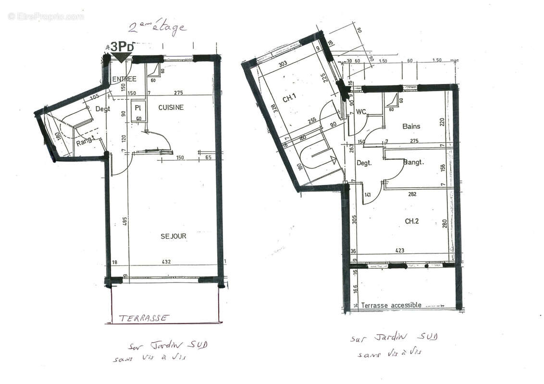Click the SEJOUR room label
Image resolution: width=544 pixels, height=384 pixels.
coord(173,236)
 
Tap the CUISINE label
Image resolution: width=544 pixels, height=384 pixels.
coord(171,108)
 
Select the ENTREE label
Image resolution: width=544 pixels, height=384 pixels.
coord(124,79)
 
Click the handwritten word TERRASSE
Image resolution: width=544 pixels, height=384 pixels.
coord(144,318)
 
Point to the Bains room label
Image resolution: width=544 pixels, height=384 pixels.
coord(411,126)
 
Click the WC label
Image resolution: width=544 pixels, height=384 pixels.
coord(361,112)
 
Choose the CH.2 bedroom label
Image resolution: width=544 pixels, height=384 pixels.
coord(412,221)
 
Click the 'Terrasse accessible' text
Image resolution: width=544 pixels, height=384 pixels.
coord(391,305)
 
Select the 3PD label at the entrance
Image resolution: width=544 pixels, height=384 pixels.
coord(122,47)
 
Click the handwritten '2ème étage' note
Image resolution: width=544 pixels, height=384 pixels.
coord(157,28)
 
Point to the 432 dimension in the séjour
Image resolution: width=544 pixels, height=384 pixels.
coord(166,262)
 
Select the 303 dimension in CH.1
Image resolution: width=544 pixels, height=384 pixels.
coord(283,63)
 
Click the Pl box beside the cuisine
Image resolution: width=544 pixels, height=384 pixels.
coord(137,108)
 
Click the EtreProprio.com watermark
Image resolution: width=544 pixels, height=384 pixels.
coord(46,16)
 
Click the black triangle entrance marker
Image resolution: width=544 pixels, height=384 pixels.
coord(121,57)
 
